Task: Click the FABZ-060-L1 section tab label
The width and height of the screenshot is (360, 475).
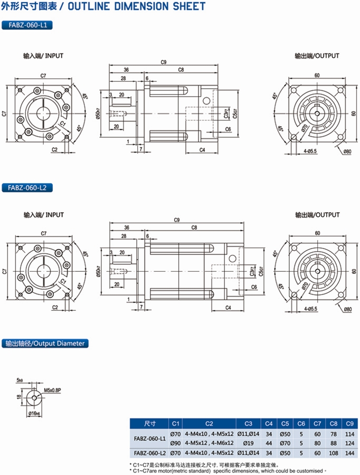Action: tap(27, 25)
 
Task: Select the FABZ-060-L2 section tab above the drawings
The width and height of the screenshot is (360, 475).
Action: tap(27, 187)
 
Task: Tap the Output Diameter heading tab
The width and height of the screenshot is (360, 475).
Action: tap(45, 344)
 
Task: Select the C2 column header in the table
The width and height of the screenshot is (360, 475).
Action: tap(210, 423)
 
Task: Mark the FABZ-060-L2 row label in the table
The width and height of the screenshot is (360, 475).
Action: tap(150, 453)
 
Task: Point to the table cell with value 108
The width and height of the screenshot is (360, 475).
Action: tap(333, 453)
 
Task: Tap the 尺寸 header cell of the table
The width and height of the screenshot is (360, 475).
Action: tap(150, 423)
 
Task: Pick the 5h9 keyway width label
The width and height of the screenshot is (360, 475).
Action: tap(20, 379)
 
